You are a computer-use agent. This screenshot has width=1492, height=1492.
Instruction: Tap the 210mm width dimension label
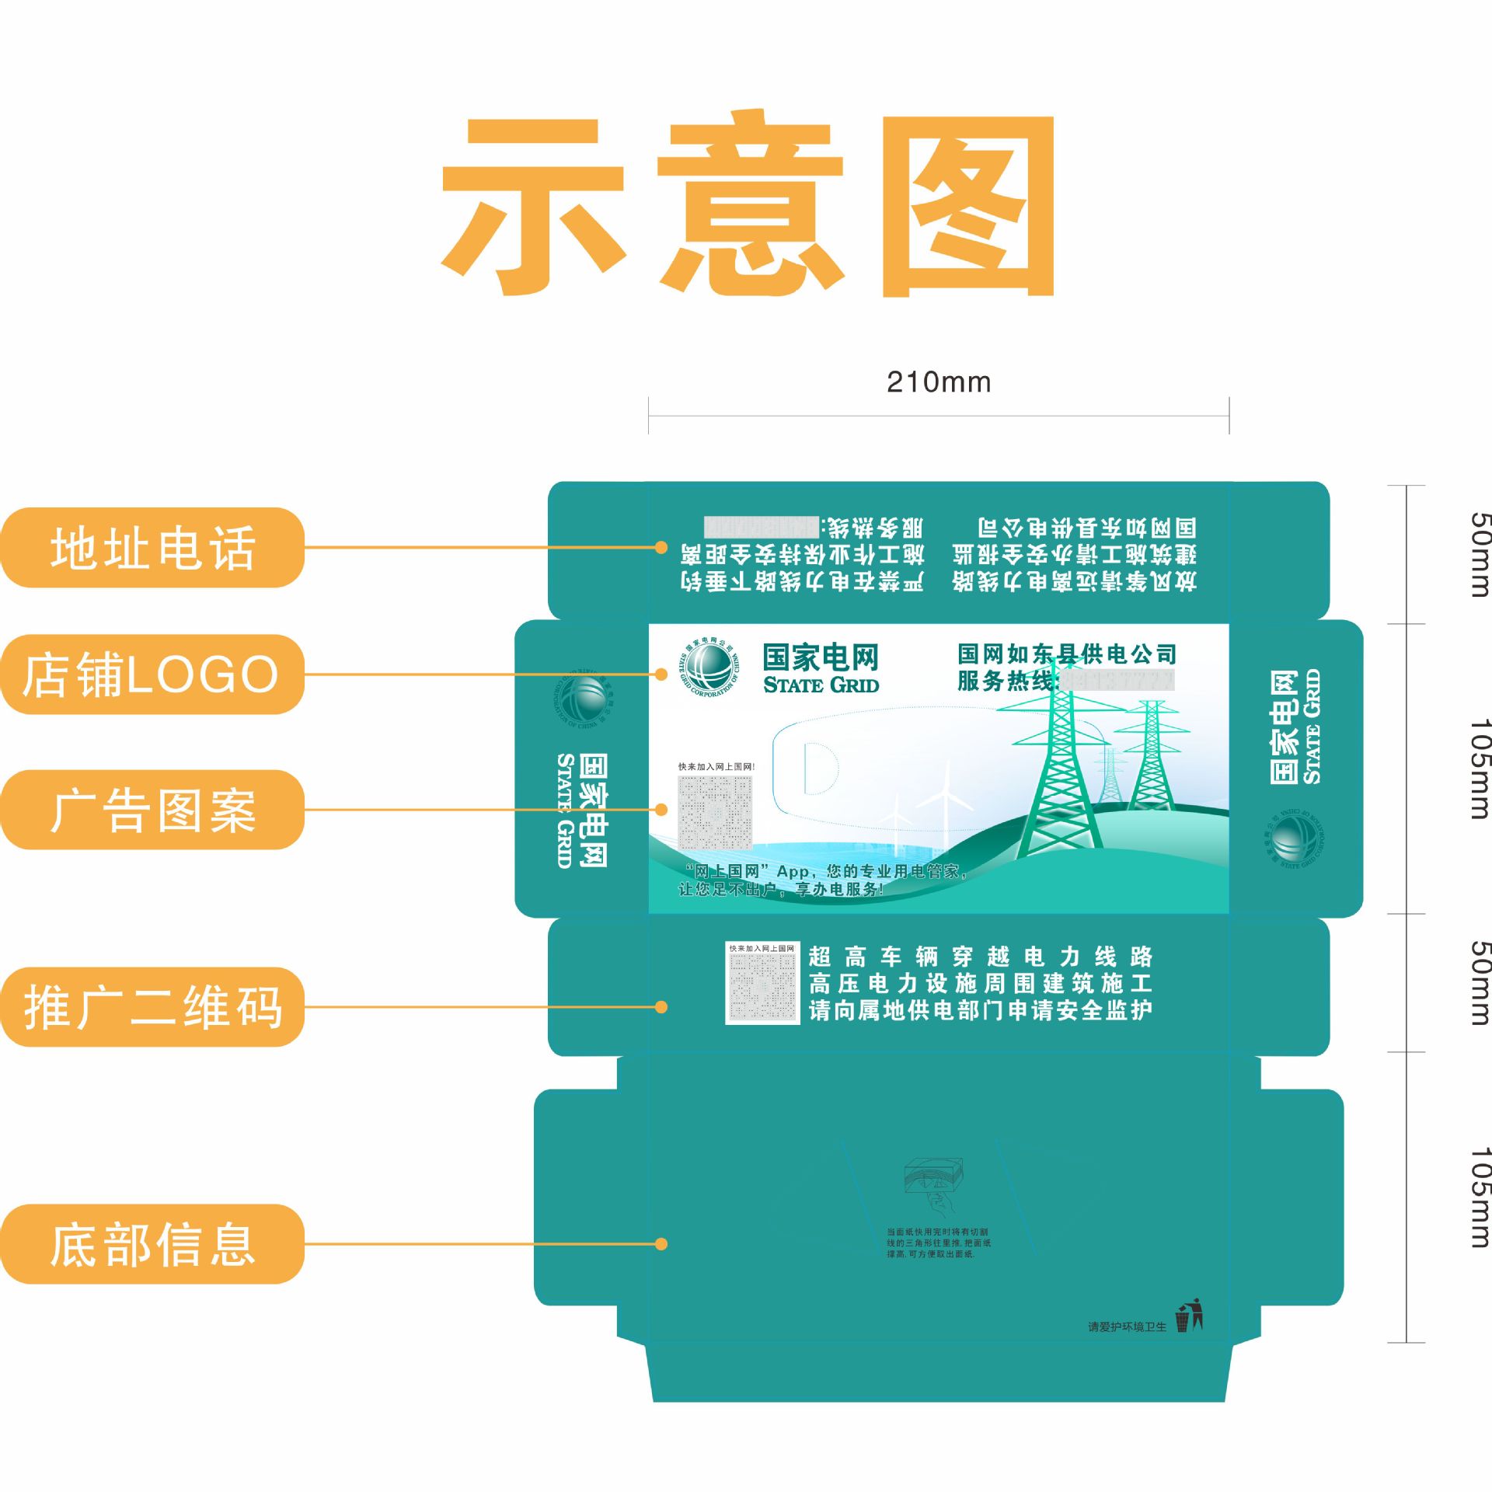tap(939, 382)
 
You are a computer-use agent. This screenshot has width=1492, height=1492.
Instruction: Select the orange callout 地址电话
tap(152, 548)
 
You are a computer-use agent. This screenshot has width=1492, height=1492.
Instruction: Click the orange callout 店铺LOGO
tap(152, 675)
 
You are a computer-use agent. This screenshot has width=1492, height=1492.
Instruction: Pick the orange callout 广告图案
tap(152, 810)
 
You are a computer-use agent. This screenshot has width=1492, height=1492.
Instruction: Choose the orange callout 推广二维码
tap(152, 1007)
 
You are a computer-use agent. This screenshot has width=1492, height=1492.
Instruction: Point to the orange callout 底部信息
tap(152, 1244)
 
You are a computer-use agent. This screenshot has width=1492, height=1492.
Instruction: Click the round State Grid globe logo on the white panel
tap(709, 668)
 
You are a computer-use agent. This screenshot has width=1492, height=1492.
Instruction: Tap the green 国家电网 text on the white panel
tap(821, 657)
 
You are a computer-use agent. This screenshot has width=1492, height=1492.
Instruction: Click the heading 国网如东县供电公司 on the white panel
tap(1066, 654)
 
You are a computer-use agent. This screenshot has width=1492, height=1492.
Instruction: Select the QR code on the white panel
tap(715, 813)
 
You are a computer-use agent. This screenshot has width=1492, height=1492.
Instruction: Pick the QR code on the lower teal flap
tap(762, 983)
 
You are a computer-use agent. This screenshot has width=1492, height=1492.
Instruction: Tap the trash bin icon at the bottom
tap(1188, 1316)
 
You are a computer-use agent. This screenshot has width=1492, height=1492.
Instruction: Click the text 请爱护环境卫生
tap(1127, 1326)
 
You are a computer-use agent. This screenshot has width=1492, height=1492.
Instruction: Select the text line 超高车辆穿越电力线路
tap(981, 957)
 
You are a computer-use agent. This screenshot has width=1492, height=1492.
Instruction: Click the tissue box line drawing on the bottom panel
tap(934, 1177)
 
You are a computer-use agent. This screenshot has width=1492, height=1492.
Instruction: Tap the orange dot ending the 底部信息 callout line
tap(661, 1244)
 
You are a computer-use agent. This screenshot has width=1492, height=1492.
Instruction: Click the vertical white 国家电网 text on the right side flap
tap(1284, 727)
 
